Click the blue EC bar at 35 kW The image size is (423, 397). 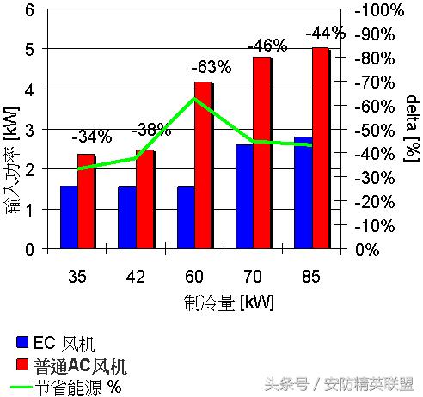[x=68, y=217]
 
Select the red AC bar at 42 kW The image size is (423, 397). [x=144, y=199]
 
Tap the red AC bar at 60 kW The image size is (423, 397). [x=204, y=166]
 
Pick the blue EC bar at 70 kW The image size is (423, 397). [x=243, y=197]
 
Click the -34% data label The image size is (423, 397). [x=91, y=136]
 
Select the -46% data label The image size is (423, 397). [x=266, y=45]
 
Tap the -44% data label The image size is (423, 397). [x=325, y=34]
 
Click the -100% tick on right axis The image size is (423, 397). [x=379, y=10]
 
